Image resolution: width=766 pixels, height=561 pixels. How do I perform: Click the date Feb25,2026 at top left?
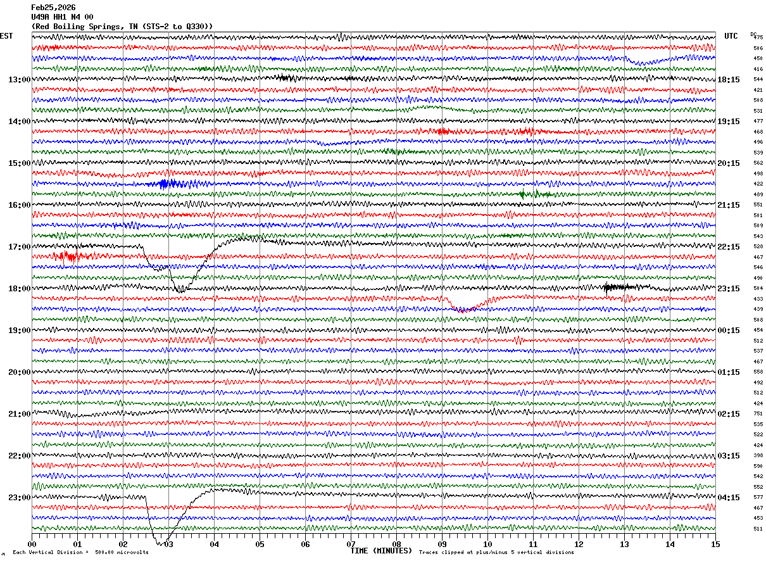53,8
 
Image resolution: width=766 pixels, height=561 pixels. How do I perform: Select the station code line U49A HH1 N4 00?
62,17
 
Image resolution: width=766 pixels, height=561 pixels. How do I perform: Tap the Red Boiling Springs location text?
122,26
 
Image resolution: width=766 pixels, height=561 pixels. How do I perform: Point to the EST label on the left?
6,36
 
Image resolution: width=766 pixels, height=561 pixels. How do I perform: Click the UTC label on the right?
731,36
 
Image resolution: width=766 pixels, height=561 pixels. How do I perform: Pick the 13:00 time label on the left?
19,80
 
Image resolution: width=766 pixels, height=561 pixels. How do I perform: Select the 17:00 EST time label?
19,247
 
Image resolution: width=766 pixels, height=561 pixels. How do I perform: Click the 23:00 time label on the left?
19,498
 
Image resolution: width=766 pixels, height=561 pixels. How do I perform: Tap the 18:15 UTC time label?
729,80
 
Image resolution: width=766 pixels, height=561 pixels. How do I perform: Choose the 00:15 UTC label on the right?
729,331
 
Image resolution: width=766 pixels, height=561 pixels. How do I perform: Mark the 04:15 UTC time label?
729,498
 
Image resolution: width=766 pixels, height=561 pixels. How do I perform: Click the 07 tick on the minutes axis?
351,544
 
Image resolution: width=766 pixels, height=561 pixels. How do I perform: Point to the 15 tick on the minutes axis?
715,544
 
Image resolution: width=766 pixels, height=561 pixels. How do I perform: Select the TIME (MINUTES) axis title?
381,551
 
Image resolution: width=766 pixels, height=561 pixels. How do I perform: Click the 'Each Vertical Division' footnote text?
80,553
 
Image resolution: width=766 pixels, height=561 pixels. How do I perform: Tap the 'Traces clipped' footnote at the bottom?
496,553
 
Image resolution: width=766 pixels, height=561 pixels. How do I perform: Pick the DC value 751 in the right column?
758,414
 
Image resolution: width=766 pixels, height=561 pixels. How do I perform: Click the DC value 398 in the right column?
758,456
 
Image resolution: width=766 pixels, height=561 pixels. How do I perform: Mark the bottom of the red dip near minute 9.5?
464,310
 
